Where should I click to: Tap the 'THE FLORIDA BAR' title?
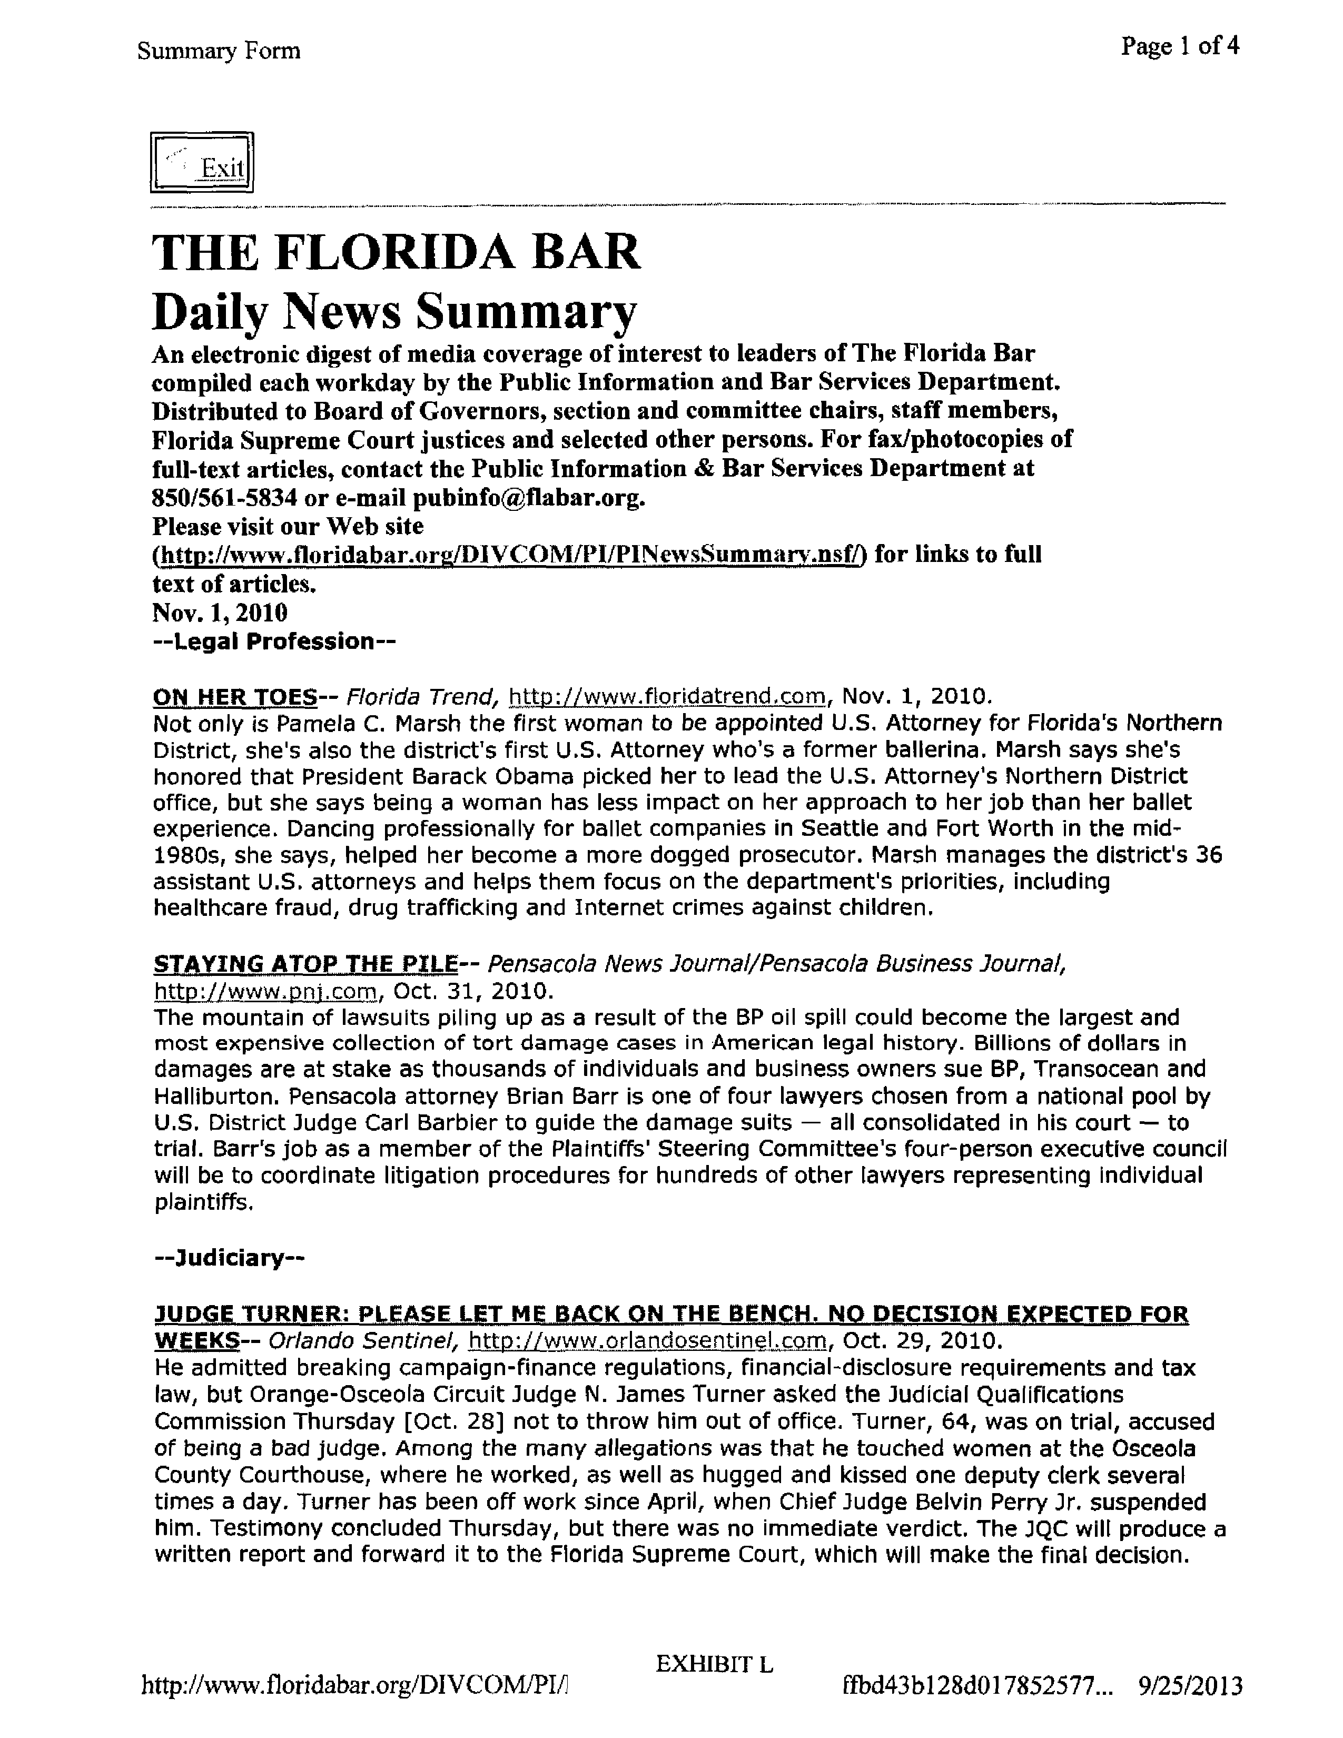coord(396,252)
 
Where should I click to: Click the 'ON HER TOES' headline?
coord(235,697)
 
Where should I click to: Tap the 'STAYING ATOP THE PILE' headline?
coord(305,964)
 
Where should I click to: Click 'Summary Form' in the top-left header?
coord(219,52)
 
